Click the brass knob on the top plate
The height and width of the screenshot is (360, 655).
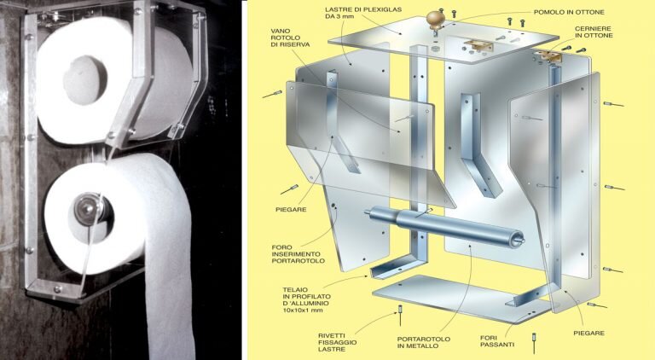pos(434,20)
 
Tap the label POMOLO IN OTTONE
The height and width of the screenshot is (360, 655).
pos(569,12)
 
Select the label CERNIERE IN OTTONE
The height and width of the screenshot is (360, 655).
pos(594,32)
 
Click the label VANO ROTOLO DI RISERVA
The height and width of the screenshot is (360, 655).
pos(290,38)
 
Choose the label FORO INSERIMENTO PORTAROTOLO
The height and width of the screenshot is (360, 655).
pos(299,254)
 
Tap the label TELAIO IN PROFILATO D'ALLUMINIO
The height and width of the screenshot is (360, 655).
pos(306,300)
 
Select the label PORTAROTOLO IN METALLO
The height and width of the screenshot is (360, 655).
pos(424,342)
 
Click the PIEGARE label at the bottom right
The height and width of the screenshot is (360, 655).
pos(589,333)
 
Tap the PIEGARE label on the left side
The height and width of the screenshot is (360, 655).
pos(291,210)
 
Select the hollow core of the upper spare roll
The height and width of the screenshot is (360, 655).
pos(84,79)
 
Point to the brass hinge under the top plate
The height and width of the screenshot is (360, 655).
pos(478,46)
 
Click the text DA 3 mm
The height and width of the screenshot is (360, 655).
pos(339,17)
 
